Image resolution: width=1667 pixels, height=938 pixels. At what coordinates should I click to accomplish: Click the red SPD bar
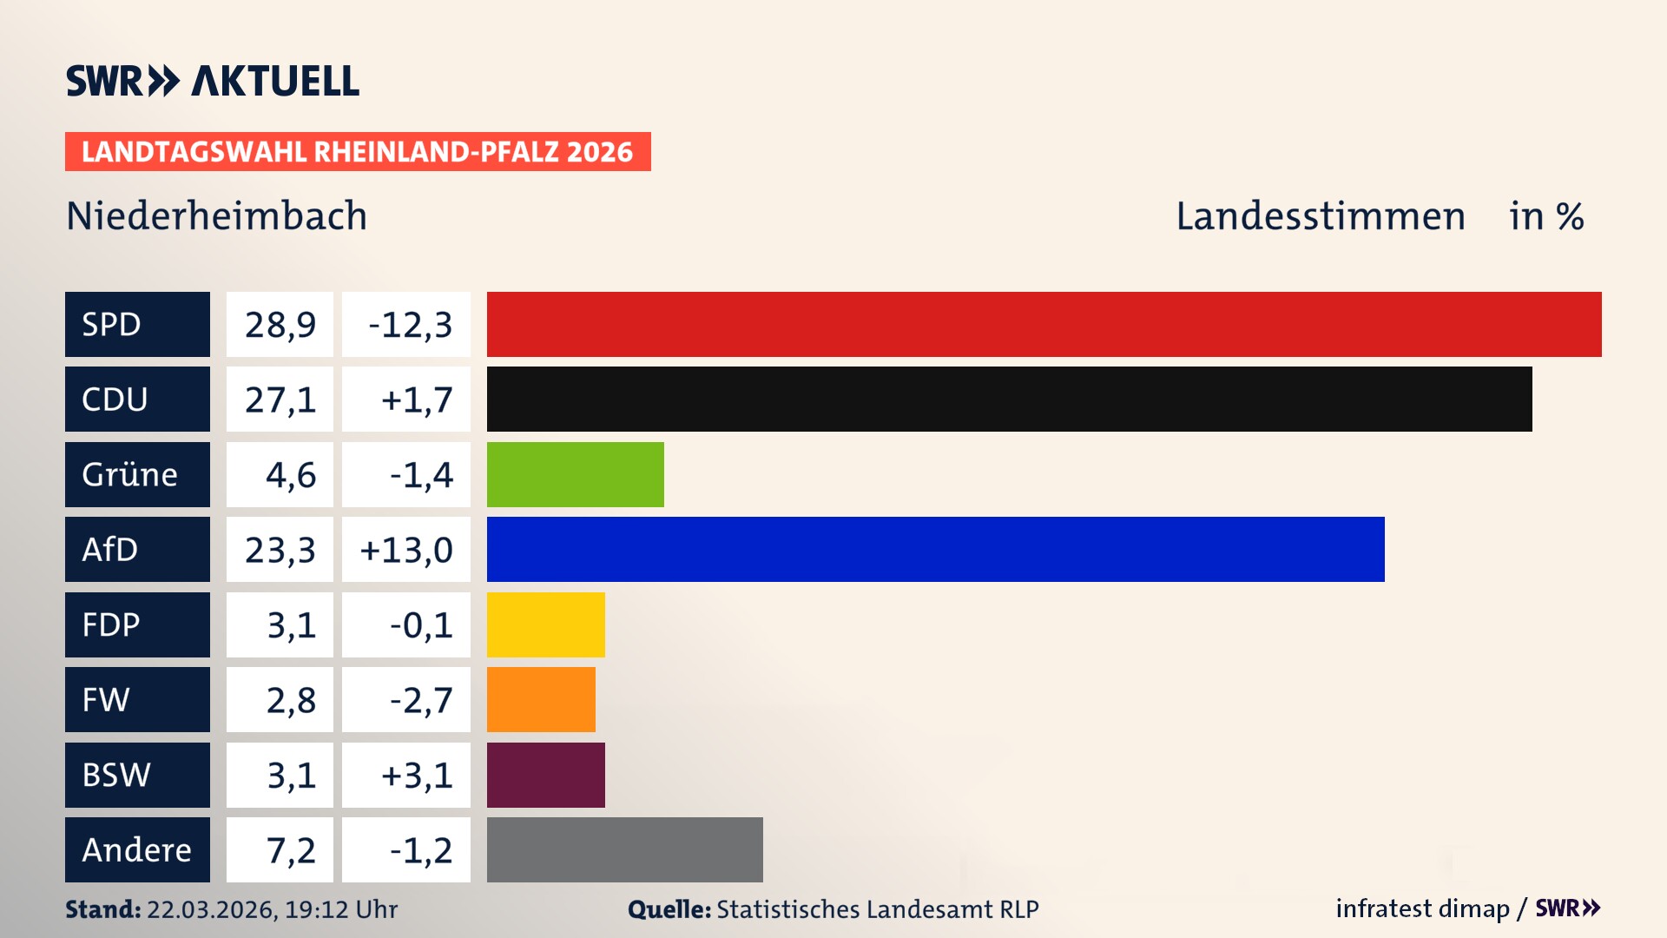pyautogui.click(x=1044, y=324)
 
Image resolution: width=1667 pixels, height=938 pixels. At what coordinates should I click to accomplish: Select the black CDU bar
pyautogui.click(x=1009, y=399)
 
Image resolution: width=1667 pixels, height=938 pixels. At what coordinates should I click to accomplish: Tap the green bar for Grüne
pyautogui.click(x=575, y=474)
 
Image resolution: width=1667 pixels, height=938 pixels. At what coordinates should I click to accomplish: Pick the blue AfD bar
pyautogui.click(x=935, y=549)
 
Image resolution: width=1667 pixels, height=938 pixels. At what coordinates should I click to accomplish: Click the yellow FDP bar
pyautogui.click(x=545, y=624)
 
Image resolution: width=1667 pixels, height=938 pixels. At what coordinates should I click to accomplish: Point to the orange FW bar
pyautogui.click(x=541, y=699)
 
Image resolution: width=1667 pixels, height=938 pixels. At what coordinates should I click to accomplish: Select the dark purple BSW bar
pyautogui.click(x=545, y=775)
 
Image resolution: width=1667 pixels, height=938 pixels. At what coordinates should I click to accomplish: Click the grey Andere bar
pyautogui.click(x=624, y=849)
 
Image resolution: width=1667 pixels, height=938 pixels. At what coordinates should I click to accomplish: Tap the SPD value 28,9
pyautogui.click(x=280, y=325)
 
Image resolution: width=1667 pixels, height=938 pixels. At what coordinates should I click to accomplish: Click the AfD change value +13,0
pyautogui.click(x=406, y=550)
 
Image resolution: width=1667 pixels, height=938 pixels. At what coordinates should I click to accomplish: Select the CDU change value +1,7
pyautogui.click(x=416, y=400)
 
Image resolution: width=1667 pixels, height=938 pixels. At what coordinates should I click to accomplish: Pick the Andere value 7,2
pyautogui.click(x=290, y=850)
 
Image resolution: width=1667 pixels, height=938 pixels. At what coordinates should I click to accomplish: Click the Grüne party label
pyautogui.click(x=130, y=474)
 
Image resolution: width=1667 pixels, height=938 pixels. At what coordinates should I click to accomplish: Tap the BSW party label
pyautogui.click(x=116, y=775)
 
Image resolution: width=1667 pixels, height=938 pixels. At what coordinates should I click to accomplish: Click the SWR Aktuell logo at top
pyautogui.click(x=213, y=81)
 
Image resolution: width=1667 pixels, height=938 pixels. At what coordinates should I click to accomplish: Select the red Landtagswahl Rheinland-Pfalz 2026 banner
pyautogui.click(x=358, y=152)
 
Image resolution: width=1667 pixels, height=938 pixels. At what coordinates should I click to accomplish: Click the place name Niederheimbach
pyautogui.click(x=217, y=216)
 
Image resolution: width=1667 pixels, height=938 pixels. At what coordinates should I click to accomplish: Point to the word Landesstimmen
pyautogui.click(x=1320, y=216)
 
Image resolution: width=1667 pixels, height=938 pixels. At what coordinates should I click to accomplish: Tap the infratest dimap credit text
pyautogui.click(x=1422, y=908)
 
